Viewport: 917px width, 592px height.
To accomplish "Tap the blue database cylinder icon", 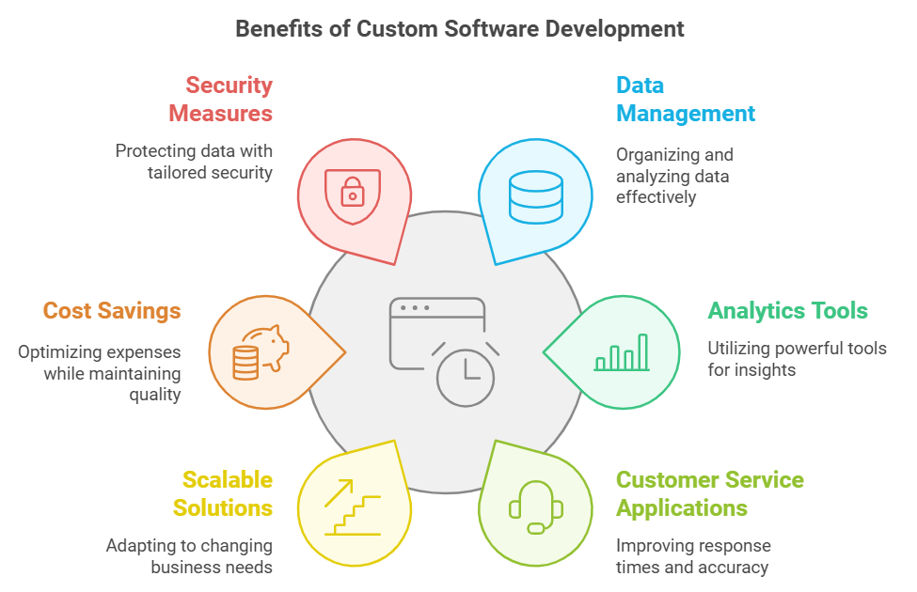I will tap(535, 195).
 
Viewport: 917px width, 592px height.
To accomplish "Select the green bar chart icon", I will tap(622, 352).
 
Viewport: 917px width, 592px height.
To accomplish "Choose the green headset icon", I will tap(536, 508).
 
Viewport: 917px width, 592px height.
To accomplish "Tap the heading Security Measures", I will tap(221, 100).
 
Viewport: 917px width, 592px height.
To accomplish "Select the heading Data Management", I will tap(685, 100).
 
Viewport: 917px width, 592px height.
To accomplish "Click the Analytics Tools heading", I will tap(787, 311).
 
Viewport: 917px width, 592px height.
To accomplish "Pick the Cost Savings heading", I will tap(112, 311).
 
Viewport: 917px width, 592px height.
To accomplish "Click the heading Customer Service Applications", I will tap(709, 494).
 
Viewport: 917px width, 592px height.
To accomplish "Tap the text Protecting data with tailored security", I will tap(194, 162).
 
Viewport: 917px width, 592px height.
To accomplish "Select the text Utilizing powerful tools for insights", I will tap(797, 359).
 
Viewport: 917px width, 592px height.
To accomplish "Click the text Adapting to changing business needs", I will tap(189, 556).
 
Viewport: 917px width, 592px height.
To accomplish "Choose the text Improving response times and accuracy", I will tap(692, 556).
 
